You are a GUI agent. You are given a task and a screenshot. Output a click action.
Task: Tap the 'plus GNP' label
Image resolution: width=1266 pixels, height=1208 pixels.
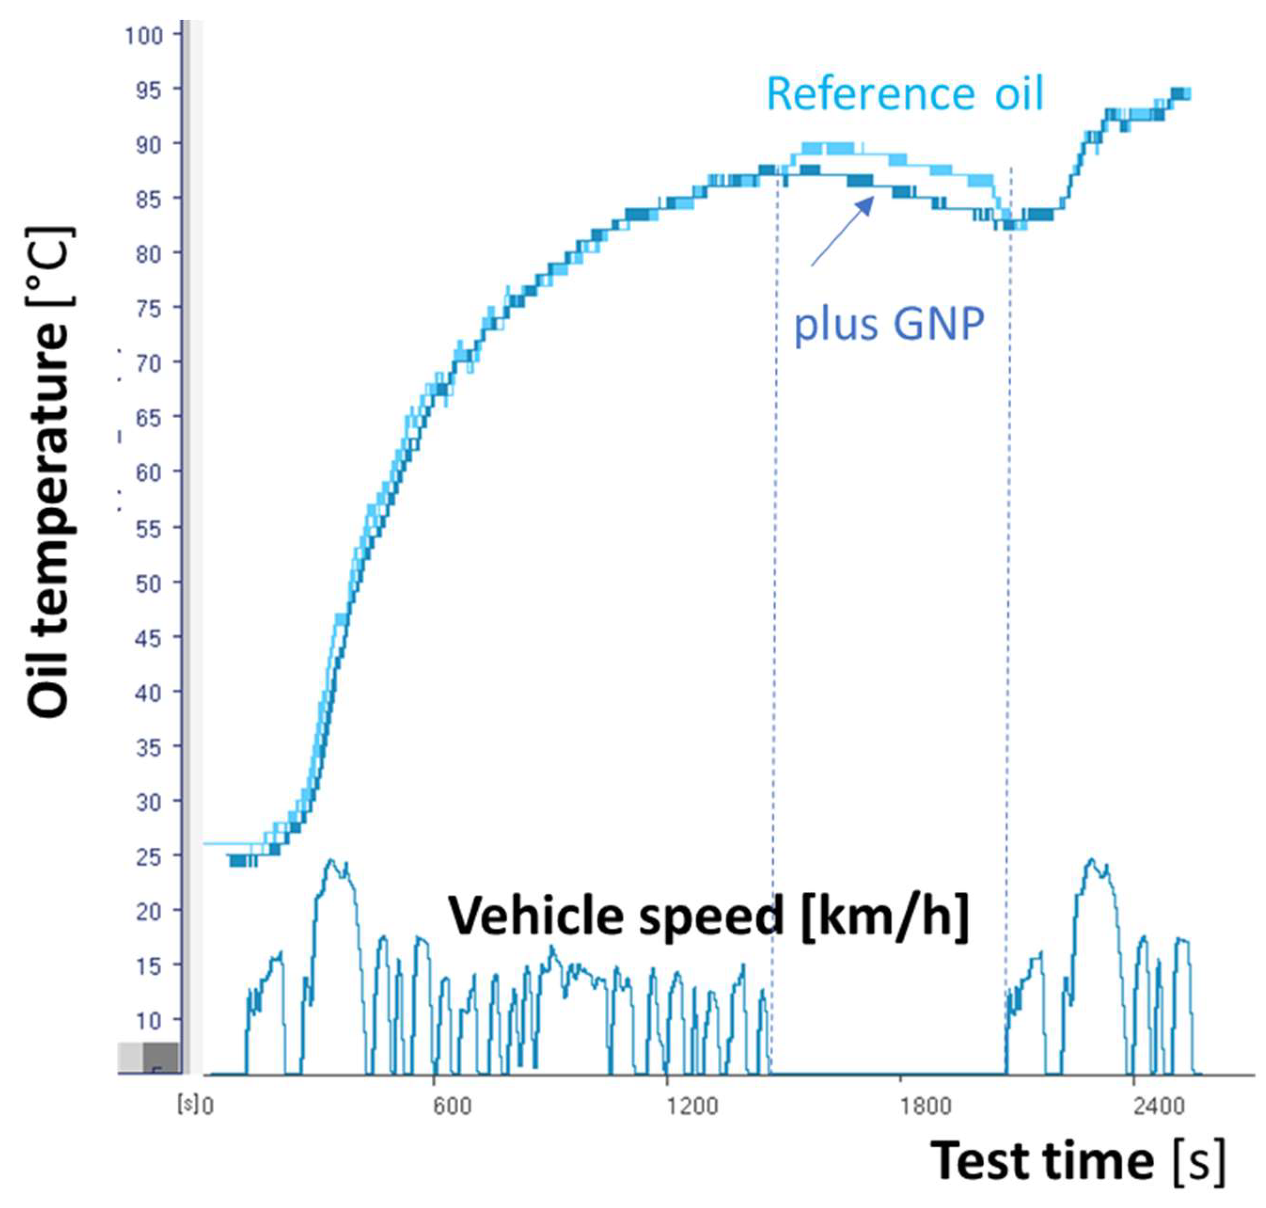[889, 324]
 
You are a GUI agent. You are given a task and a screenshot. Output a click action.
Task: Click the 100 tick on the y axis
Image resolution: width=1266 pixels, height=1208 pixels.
[144, 35]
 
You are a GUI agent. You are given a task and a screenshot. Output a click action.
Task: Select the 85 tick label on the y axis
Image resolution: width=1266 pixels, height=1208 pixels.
[148, 199]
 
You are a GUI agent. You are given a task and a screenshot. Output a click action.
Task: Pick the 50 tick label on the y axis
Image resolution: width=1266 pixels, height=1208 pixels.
[148, 583]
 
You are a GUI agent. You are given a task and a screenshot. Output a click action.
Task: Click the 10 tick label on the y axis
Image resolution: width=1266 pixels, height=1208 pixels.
[148, 1022]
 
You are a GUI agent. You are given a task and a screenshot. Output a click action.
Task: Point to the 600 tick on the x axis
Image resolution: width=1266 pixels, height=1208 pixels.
[451, 1106]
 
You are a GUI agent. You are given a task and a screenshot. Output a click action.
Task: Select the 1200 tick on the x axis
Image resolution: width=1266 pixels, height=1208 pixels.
[692, 1106]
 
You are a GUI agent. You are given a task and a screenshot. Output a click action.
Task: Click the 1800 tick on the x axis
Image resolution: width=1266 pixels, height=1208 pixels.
[926, 1106]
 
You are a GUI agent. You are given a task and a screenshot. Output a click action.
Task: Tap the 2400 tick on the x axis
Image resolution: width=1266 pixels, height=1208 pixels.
[1159, 1106]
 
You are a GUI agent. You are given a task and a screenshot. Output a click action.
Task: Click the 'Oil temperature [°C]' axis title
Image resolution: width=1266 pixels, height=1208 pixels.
[49, 472]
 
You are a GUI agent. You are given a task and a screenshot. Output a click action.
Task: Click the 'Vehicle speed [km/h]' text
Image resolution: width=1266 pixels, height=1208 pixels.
[708, 916]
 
